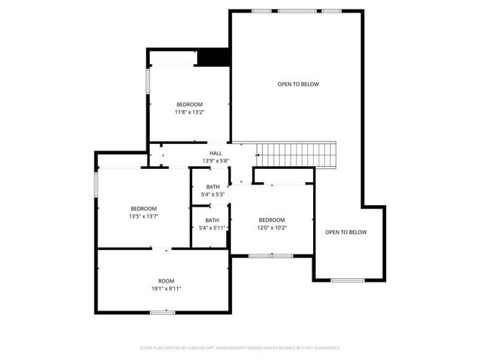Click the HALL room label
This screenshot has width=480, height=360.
click(216, 153)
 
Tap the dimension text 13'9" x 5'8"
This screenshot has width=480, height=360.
click(216, 161)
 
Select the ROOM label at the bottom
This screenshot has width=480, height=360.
click(166, 281)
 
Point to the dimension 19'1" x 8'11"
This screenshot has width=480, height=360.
click(166, 288)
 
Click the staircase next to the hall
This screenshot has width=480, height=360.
click(295, 155)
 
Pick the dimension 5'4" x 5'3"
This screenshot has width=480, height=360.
click(213, 195)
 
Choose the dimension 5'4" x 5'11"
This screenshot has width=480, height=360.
click(213, 228)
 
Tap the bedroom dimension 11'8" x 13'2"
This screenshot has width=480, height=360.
click(189, 112)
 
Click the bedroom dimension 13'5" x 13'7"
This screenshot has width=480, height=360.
click(144, 216)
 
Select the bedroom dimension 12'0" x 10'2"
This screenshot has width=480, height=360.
click(272, 228)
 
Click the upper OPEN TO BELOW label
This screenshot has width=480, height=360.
click(298, 84)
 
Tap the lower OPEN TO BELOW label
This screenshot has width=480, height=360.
click(346, 232)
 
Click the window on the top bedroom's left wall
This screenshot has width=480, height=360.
click(148, 81)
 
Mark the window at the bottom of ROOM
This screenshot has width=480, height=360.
click(162, 312)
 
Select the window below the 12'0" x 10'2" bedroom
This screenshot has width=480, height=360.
click(271, 255)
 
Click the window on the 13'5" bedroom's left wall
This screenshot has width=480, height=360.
click(96, 184)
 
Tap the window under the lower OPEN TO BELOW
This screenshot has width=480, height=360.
click(347, 280)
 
